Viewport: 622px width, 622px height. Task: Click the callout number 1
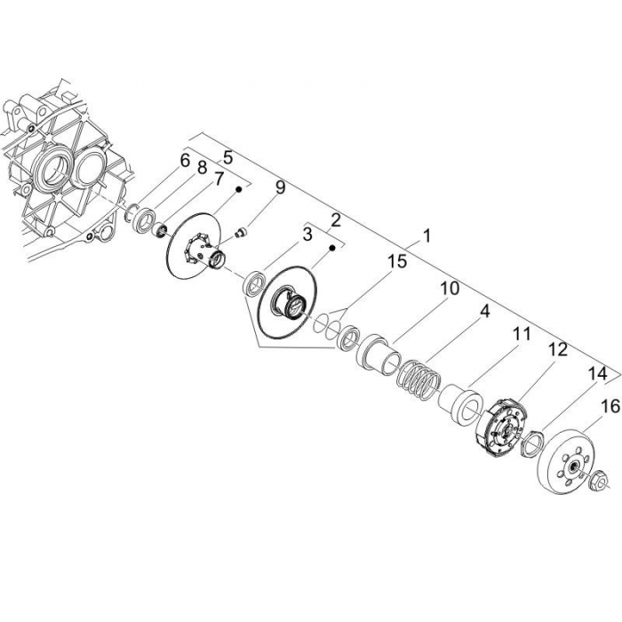coord(427,236)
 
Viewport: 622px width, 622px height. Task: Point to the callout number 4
coord(484,312)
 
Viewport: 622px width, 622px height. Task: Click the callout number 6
coord(185,161)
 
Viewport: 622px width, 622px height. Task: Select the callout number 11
coord(521,334)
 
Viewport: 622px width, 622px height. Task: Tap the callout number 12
coord(556,350)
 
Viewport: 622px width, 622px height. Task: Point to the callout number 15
coord(395,261)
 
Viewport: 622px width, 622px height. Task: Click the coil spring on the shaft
coord(418,375)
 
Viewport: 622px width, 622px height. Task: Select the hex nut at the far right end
coord(596,483)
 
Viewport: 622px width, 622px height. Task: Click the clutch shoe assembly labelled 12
coord(500,426)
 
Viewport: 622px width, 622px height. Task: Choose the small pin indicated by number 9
coord(238,234)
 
